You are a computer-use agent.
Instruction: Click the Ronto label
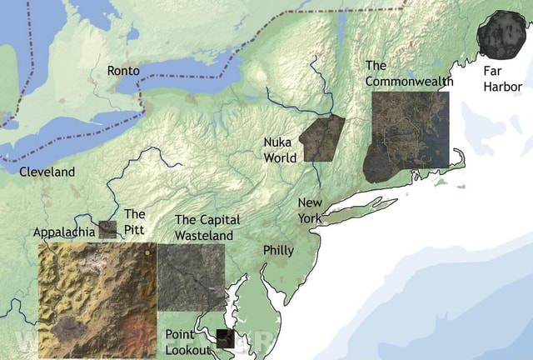123,71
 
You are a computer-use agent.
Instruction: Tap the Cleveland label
47,172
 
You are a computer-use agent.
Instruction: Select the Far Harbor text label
502,78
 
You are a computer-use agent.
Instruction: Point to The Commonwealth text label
409,73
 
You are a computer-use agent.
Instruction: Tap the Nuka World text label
279,150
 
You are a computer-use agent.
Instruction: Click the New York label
310,210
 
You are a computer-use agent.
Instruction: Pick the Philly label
278,250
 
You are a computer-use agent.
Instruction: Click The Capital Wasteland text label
207,227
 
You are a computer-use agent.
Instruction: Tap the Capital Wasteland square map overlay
191,277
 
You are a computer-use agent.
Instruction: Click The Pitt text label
134,222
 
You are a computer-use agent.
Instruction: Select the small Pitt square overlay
107,230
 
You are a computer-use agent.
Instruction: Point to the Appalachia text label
63,232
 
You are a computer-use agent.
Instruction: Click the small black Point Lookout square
223,337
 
